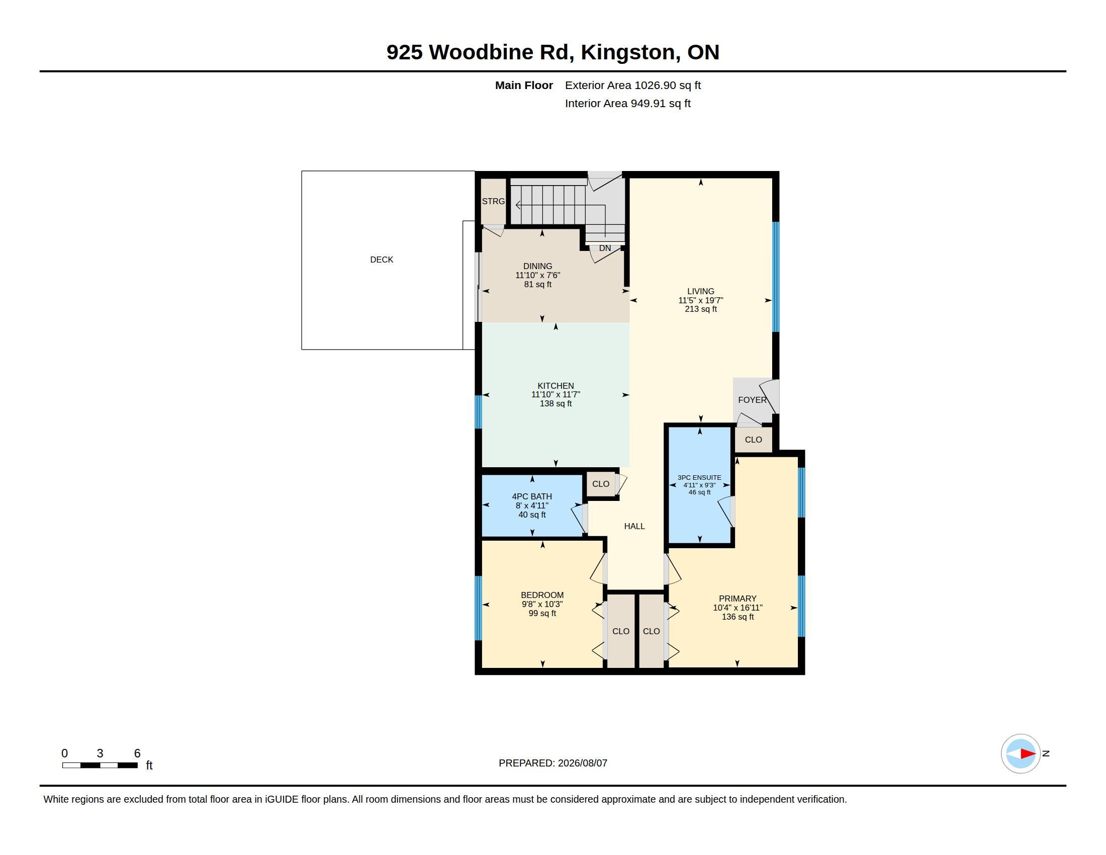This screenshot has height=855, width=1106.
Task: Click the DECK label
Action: tap(382, 260)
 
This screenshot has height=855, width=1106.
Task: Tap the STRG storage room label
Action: tap(493, 201)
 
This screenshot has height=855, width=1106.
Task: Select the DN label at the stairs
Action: tap(605, 248)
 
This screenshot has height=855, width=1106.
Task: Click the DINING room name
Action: tap(537, 266)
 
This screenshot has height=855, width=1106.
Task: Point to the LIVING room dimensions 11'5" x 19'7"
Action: tap(700, 300)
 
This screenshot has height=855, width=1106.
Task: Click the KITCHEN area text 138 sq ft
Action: tap(556, 404)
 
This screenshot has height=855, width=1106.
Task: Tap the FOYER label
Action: tap(752, 400)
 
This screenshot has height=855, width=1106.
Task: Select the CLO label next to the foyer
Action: tap(753, 440)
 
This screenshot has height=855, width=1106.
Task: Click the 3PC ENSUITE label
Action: tap(699, 478)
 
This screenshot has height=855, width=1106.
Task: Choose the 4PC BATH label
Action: tap(532, 496)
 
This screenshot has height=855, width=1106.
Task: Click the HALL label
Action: tap(634, 526)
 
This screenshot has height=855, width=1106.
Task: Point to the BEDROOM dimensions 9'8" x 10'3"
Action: tap(542, 604)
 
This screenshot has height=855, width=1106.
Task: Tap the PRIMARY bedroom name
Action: tap(738, 598)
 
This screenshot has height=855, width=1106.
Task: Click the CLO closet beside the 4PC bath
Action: tap(601, 484)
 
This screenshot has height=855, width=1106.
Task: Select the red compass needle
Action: tap(1028, 754)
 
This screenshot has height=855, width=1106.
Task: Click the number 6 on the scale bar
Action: tap(137, 753)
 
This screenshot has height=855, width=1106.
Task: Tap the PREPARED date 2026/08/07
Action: tap(582, 763)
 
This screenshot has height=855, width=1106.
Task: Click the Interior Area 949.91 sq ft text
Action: tap(627, 103)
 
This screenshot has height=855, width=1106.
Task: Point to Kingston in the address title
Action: tap(628, 53)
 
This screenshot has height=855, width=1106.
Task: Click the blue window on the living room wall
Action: tap(775, 277)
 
